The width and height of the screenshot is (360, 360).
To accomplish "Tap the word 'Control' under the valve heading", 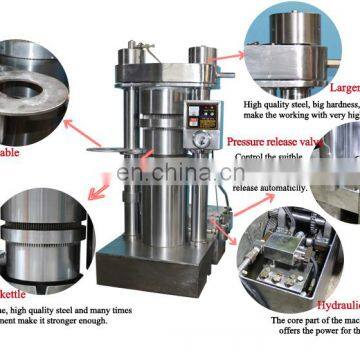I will [251, 158].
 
